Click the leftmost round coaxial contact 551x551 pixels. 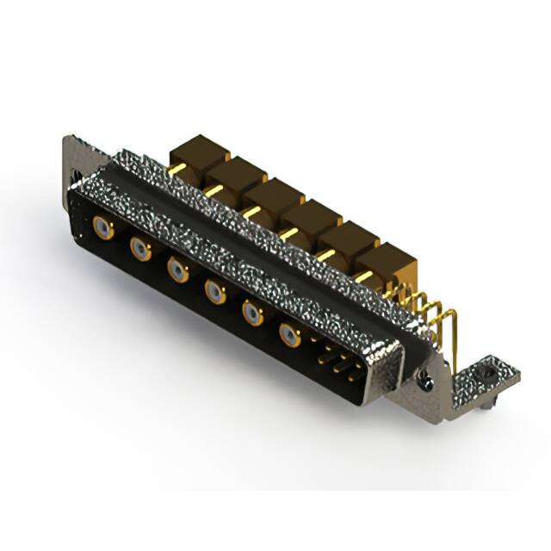pos(102,228)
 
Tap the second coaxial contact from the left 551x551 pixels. pos(140,250)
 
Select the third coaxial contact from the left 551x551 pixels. pos(177,271)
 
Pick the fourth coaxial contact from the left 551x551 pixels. pos(214,292)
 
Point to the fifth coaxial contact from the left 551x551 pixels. pos(251,313)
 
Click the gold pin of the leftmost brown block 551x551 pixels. pos(175,170)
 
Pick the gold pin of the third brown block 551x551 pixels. pos(250,212)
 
